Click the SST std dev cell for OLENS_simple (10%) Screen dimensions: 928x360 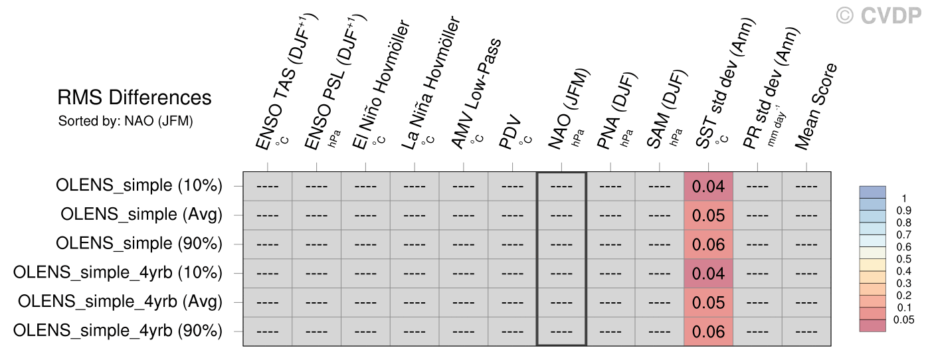(708, 187)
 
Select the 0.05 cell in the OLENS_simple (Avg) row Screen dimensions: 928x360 (708, 215)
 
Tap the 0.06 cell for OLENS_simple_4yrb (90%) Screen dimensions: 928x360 (708, 331)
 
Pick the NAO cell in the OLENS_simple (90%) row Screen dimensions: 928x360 (561, 244)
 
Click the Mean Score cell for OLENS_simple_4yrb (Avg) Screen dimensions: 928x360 (806, 302)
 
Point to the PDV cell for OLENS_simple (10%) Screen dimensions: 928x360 (512, 187)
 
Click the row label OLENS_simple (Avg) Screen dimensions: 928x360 (141, 215)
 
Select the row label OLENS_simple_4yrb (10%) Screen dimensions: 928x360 (118, 273)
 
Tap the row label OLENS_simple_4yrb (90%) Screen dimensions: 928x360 (118, 331)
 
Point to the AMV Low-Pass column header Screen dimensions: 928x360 (476, 94)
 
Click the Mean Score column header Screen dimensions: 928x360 (816, 106)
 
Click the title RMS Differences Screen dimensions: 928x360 (134, 98)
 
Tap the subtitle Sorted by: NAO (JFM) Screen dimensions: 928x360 (126, 121)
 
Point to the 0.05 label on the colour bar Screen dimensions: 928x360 (903, 320)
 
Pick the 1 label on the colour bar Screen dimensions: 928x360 (904, 199)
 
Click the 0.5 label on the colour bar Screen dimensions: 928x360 (903, 259)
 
